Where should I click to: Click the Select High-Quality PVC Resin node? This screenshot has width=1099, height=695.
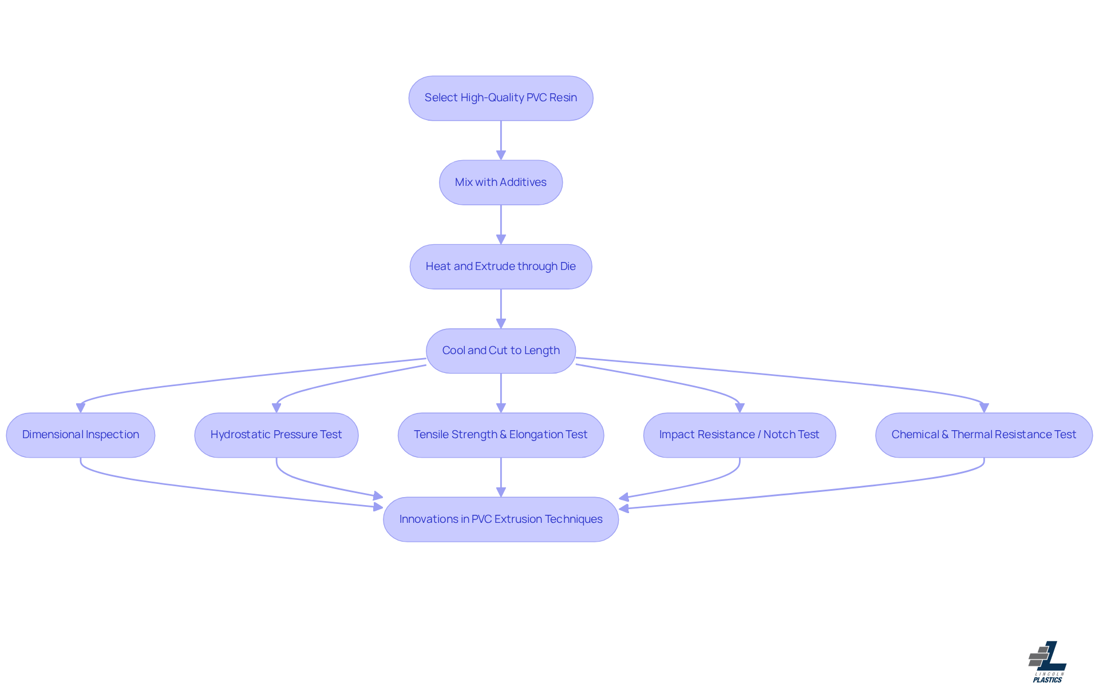pyautogui.click(x=501, y=98)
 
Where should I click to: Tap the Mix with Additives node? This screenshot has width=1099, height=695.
pyautogui.click(x=501, y=182)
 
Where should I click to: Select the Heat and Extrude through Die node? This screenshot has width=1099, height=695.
pyautogui.click(x=501, y=267)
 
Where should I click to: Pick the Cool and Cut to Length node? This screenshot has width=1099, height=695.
pyautogui.click(x=501, y=351)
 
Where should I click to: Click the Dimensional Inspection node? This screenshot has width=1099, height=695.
pyautogui.click(x=81, y=435)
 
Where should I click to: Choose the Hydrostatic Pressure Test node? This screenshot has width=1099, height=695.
pyautogui.click(x=276, y=435)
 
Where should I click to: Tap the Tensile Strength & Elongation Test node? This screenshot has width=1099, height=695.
pyautogui.click(x=501, y=435)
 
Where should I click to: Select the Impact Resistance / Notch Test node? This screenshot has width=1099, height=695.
pyautogui.click(x=740, y=435)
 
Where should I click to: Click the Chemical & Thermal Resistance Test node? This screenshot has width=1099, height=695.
pyautogui.click(x=984, y=435)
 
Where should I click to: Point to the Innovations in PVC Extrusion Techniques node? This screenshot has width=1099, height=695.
pyautogui.click(x=501, y=519)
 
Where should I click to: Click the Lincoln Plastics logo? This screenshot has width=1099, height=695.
pyautogui.click(x=1047, y=662)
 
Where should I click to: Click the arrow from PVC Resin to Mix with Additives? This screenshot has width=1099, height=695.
pyautogui.click(x=501, y=140)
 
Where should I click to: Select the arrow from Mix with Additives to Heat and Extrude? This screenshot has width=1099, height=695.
pyautogui.click(x=501, y=224)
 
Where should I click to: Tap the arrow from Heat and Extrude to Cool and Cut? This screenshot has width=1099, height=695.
pyautogui.click(x=501, y=308)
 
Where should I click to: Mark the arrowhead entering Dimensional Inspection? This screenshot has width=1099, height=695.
pyautogui.click(x=81, y=408)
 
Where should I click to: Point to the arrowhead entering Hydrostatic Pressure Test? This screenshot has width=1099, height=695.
pyautogui.click(x=276, y=408)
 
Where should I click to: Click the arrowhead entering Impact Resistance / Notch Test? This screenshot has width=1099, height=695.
pyautogui.click(x=740, y=408)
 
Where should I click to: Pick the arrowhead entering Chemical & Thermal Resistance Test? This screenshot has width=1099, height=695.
pyautogui.click(x=984, y=408)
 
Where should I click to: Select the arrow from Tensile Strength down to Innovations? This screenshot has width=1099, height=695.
pyautogui.click(x=501, y=476)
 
